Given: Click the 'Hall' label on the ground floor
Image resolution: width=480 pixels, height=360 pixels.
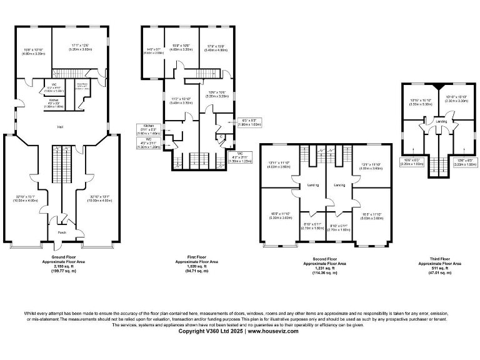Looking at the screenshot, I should point(61,127).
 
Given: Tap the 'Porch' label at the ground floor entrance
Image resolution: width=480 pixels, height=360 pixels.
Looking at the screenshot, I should point(62,232).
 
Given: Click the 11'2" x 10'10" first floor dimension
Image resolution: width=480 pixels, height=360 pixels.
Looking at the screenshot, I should point(181,99).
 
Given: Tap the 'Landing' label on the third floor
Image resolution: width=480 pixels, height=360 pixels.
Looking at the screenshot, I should point(441,121).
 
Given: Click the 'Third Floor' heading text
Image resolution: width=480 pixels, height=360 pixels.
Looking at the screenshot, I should point(440,258).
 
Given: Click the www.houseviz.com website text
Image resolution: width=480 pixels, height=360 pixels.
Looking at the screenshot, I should point(274,331).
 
